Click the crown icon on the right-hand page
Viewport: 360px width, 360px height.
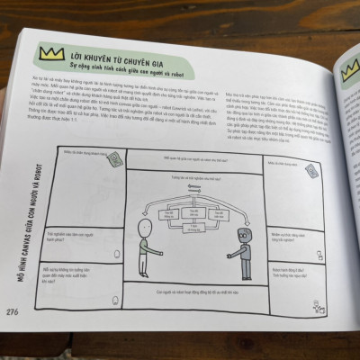point(347,67)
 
